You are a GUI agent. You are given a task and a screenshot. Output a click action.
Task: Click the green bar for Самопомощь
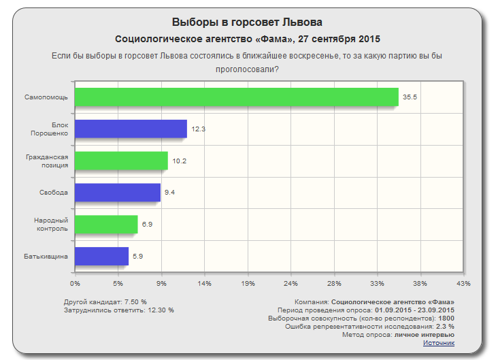click(236, 97)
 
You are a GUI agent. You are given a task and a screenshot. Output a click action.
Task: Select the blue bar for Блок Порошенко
click(131, 129)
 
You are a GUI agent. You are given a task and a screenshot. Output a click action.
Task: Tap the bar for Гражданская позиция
click(121, 161)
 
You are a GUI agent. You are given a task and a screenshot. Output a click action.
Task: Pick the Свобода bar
click(118, 193)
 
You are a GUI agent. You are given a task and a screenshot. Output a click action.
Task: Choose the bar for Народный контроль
click(106, 224)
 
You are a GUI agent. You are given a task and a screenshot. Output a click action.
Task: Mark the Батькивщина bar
click(102, 256)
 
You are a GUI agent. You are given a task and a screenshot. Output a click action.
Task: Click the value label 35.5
click(410, 97)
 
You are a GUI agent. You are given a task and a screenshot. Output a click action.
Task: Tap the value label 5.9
click(137, 256)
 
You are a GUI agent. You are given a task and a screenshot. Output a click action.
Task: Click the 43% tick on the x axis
click(463, 282)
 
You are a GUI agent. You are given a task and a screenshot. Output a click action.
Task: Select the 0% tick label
click(75, 282)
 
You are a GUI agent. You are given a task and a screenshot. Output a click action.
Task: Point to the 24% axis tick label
click(290, 282)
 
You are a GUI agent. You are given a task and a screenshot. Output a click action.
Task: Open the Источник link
click(439, 343)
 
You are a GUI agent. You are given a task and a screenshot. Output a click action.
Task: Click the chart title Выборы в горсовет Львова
click(248, 22)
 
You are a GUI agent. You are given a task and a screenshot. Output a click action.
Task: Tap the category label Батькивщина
click(47, 256)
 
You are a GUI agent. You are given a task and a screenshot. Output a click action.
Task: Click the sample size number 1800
click(446, 318)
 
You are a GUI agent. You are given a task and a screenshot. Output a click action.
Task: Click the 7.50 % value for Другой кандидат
click(135, 301)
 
